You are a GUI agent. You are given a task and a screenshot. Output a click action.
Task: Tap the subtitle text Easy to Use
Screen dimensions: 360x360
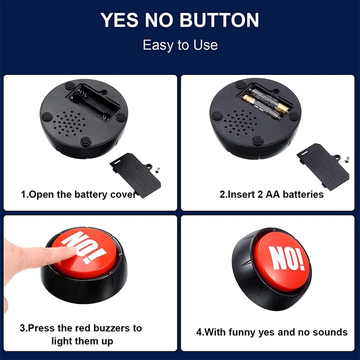pyautogui.click(x=180, y=45)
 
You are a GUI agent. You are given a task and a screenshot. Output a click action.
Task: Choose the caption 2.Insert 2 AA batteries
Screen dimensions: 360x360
pyautogui.click(x=272, y=194)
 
